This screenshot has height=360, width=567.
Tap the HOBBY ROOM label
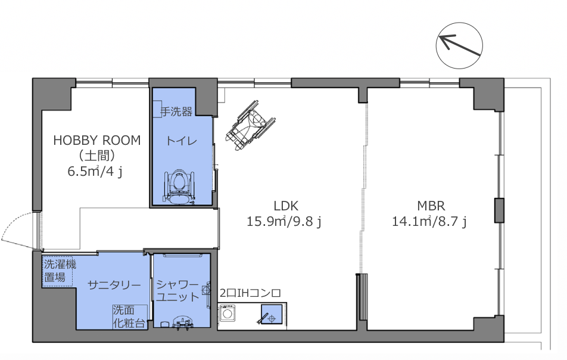(x=97, y=141)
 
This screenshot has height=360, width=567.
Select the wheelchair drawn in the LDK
(x=250, y=125)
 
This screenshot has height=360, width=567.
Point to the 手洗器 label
(x=176, y=111)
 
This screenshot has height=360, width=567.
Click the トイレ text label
(x=182, y=141)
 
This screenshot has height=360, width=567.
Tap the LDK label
(x=286, y=206)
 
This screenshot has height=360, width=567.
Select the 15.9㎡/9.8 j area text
(x=284, y=221)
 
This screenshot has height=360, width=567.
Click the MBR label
(x=431, y=206)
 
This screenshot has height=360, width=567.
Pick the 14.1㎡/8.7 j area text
(x=429, y=221)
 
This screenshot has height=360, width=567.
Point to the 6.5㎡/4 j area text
(x=95, y=171)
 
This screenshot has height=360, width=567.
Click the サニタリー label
(x=114, y=285)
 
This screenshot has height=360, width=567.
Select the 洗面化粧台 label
(x=129, y=316)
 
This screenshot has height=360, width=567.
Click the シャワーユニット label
(x=177, y=290)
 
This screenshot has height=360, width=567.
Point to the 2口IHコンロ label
(x=250, y=293)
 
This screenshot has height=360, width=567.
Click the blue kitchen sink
(x=272, y=314)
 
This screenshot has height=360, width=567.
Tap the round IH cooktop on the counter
(x=228, y=314)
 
